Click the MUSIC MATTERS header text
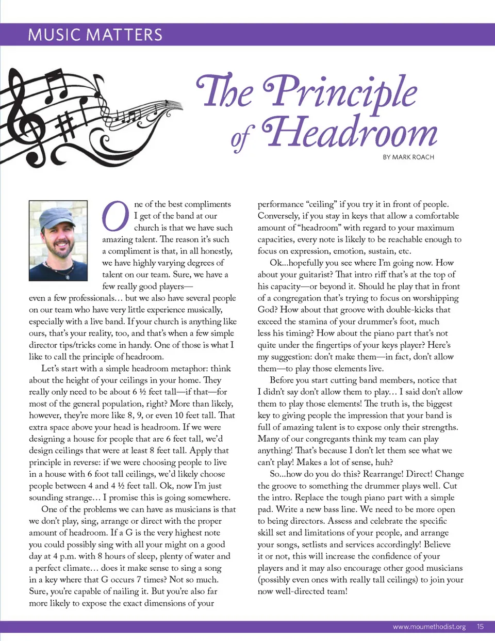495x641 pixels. (95, 35)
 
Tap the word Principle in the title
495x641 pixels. (340, 91)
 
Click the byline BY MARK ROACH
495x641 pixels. (408, 157)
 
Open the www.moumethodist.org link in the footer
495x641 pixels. (429, 627)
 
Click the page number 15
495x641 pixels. (480, 627)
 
